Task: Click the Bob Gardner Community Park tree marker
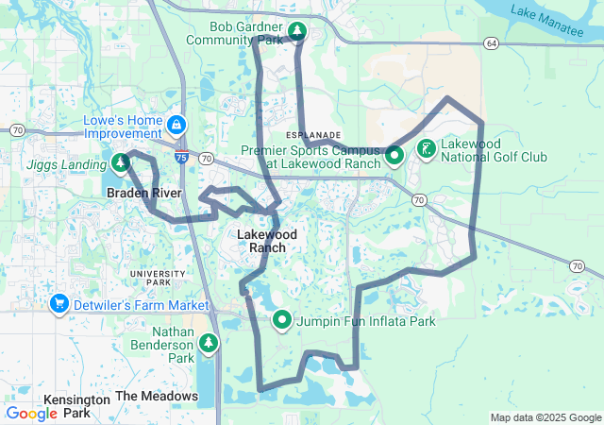(296, 32)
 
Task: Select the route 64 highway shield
(491, 43)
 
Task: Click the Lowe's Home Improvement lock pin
(176, 125)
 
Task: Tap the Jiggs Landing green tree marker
(121, 164)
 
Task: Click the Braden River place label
(143, 193)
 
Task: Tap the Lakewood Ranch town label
(267, 241)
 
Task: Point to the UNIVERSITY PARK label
(151, 278)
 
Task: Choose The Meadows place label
(157, 396)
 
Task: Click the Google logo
(31, 414)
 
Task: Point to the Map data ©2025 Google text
(545, 417)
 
